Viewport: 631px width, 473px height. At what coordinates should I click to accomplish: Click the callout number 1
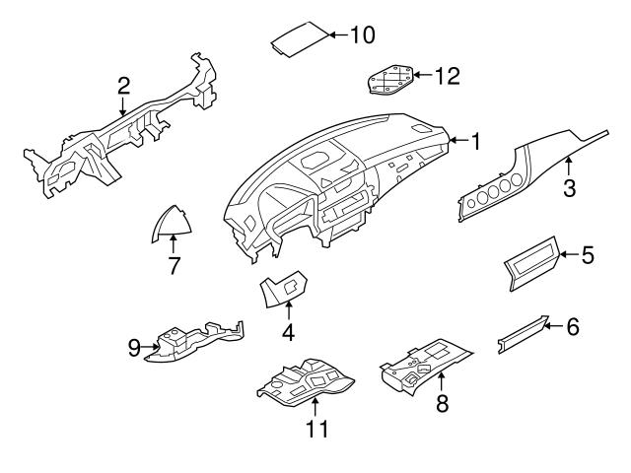(474, 143)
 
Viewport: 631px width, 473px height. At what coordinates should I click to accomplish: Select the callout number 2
(123, 86)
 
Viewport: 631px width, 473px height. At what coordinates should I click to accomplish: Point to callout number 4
(288, 333)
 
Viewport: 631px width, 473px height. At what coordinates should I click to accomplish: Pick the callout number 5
(587, 256)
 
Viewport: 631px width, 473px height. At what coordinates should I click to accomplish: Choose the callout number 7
(174, 265)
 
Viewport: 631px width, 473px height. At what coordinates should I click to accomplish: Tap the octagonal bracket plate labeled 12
(388, 79)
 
